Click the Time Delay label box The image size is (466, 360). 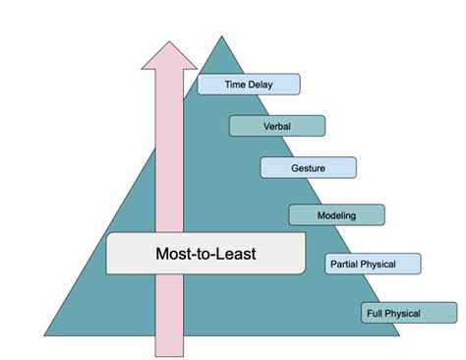pos(249,85)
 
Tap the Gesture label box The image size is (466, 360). pos(308,168)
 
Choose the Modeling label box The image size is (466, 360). pos(336,214)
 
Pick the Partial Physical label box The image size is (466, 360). pos(373,264)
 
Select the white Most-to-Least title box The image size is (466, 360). pos(206,253)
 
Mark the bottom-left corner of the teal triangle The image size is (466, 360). pos(45,335)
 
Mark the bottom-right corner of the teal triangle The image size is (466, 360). pos(398,335)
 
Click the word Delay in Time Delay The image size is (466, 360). pos(262,85)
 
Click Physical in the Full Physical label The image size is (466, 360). pos(404,314)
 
